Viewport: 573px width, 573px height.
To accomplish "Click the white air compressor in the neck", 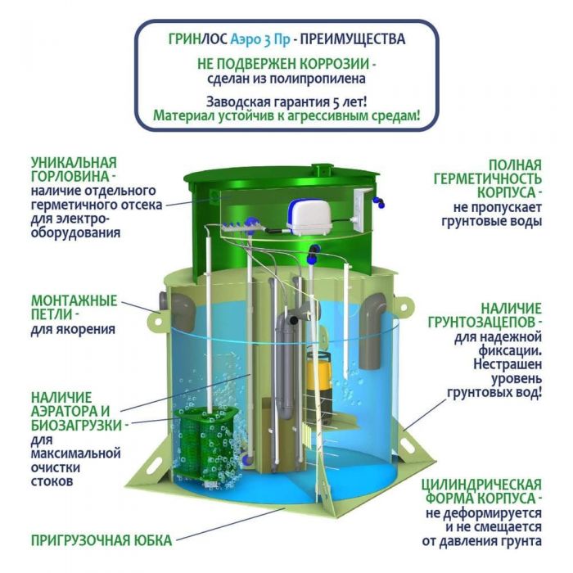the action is coord(309,218).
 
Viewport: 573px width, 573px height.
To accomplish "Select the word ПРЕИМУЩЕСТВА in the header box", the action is coord(353,39).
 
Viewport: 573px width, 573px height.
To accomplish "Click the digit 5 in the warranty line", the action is coord(336,102).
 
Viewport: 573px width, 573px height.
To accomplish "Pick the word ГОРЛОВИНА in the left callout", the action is coord(70,177).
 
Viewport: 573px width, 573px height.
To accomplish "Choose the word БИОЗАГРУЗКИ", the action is coord(76,426).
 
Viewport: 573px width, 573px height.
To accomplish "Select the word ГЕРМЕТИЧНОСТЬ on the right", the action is coord(488,179).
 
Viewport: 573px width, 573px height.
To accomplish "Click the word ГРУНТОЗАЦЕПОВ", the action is coord(482,323).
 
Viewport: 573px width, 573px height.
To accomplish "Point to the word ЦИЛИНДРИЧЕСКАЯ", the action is coord(481,485).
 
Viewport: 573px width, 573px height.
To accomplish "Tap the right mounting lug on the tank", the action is coord(405,307).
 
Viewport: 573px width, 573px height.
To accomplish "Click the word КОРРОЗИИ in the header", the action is coord(335,65).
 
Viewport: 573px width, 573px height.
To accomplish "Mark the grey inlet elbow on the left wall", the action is coord(179,310).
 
